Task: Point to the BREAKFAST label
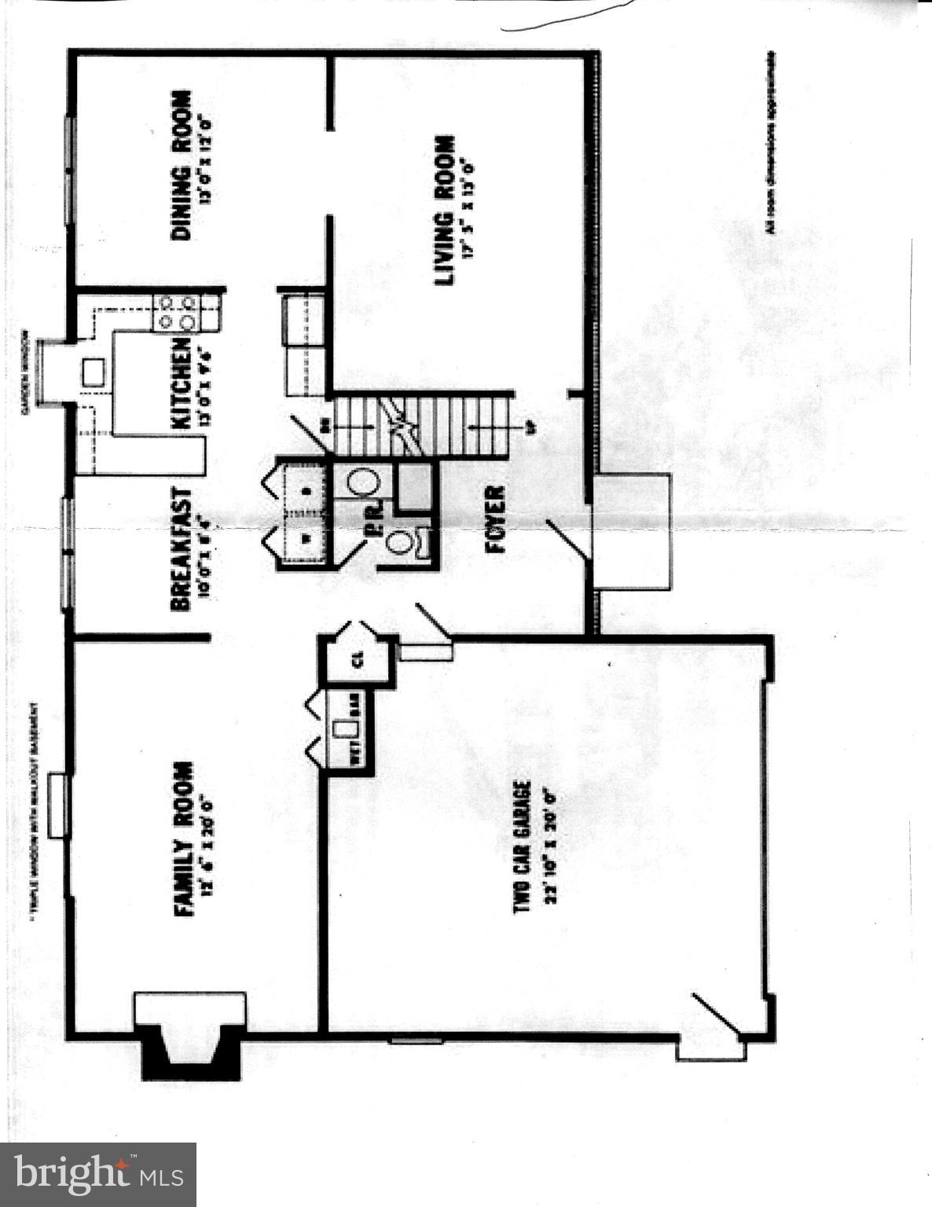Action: pos(180,548)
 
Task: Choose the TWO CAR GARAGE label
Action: pos(523,846)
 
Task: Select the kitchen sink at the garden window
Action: pos(94,371)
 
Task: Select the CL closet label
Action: pos(358,661)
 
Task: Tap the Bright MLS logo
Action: pos(98,1174)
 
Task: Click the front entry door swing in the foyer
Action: pos(568,540)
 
